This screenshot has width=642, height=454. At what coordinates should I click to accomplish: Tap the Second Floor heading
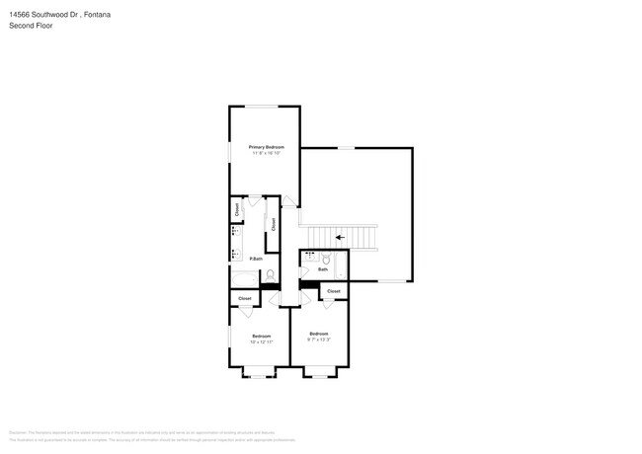(32, 26)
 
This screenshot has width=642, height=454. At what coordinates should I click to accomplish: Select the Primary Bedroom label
(266, 147)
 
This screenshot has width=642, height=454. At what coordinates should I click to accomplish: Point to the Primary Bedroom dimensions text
(266, 153)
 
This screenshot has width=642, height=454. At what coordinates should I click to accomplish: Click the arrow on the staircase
(340, 237)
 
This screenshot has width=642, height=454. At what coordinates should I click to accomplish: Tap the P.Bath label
(255, 259)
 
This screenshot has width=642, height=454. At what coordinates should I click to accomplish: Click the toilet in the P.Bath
(270, 275)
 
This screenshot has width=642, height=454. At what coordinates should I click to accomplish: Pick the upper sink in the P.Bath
(235, 233)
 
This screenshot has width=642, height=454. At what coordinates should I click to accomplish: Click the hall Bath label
(322, 268)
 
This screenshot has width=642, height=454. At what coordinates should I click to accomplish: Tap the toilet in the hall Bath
(326, 259)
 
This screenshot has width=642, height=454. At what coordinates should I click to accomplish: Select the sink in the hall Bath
(311, 258)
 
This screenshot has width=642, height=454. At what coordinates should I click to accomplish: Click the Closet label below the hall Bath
(334, 291)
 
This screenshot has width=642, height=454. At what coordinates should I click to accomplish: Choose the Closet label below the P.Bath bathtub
(245, 298)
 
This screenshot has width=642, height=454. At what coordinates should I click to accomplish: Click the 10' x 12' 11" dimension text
(261, 341)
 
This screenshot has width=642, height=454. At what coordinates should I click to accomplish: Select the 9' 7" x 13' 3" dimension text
(318, 340)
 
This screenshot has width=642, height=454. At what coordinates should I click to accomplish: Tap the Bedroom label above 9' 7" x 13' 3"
(318, 334)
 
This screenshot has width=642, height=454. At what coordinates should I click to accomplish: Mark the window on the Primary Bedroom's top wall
(262, 106)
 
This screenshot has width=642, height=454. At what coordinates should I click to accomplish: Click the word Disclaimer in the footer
(18, 432)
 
